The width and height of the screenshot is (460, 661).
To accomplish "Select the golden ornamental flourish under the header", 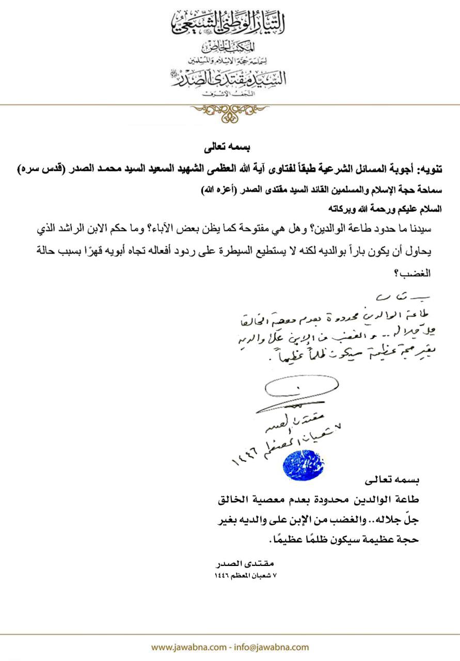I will coord(229,112).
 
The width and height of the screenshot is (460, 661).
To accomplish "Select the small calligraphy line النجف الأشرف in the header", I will coord(230,93).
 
